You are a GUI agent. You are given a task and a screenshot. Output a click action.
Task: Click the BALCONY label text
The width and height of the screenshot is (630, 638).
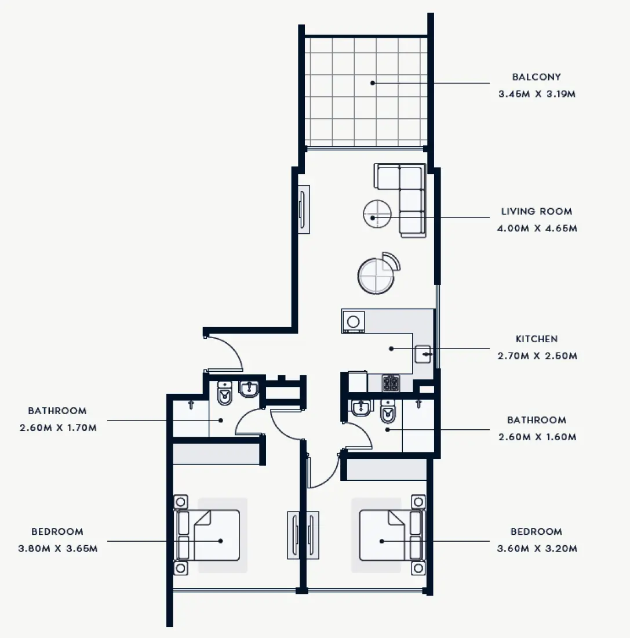[536, 77]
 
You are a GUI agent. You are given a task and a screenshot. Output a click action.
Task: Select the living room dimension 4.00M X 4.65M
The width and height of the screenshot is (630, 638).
[537, 229]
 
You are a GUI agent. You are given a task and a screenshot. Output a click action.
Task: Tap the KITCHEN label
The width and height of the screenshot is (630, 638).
[536, 339]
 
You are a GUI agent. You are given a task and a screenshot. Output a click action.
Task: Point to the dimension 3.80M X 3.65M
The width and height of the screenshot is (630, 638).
[57, 548]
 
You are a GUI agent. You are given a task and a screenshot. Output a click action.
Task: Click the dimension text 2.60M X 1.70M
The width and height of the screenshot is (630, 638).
[57, 428]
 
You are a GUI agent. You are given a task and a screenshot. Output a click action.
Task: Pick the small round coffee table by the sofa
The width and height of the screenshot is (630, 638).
[377, 214]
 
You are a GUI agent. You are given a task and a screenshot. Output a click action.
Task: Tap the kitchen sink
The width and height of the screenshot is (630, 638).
[423, 354]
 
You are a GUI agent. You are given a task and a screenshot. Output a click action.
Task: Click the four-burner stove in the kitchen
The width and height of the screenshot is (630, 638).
[391, 383]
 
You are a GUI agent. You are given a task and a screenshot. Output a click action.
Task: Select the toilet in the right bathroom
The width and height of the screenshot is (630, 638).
[387, 413]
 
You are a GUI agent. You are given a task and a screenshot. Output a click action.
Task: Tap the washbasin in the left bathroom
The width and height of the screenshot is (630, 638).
[249, 389]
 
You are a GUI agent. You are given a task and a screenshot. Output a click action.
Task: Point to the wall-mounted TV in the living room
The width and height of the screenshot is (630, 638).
[303, 209]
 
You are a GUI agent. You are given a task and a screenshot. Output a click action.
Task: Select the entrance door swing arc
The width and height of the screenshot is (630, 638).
[229, 351]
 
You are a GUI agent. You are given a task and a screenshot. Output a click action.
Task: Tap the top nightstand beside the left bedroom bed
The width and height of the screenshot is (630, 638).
[180, 502]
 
